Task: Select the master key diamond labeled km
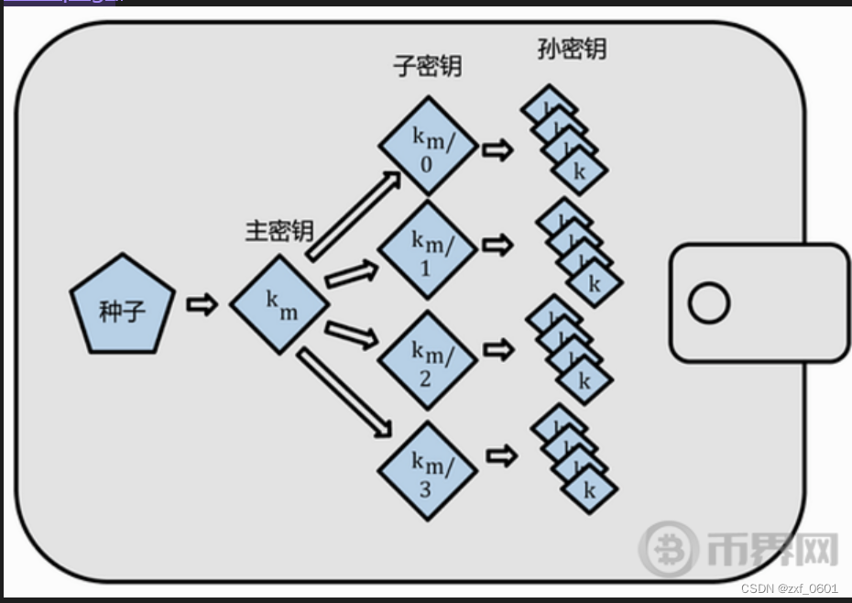click(279, 305)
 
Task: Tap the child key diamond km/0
click(428, 146)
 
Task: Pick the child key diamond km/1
click(428, 249)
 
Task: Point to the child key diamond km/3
click(428, 471)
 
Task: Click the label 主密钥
click(279, 231)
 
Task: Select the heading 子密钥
click(427, 67)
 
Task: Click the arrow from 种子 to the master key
click(202, 305)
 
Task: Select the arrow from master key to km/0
click(353, 216)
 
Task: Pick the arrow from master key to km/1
click(352, 273)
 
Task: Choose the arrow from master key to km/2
click(352, 334)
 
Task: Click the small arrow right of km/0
click(497, 149)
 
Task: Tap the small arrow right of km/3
click(500, 455)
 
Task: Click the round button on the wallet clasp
click(708, 303)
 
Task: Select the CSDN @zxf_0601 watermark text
click(789, 587)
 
